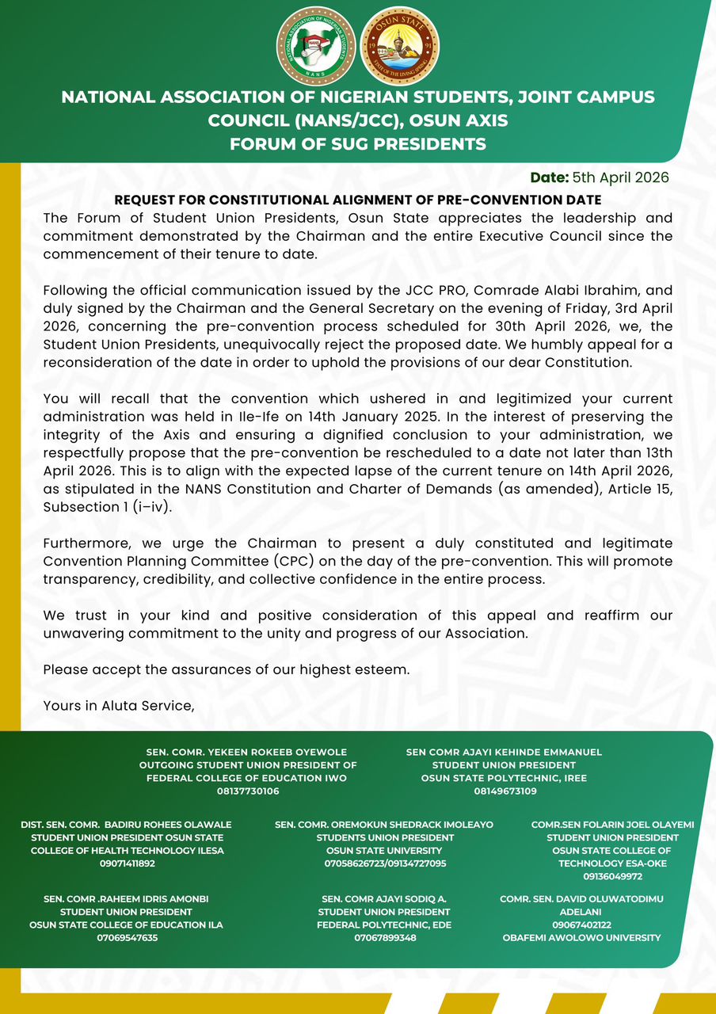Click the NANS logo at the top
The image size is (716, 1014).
tap(315, 45)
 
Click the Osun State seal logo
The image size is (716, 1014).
tap(399, 45)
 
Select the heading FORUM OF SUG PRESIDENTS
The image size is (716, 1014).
tap(357, 144)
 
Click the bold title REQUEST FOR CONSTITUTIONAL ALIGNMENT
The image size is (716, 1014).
tap(358, 200)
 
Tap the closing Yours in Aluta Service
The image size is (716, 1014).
tap(119, 705)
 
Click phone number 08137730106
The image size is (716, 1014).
tap(247, 791)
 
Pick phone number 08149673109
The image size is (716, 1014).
tap(504, 791)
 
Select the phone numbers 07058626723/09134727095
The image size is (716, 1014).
tap(385, 863)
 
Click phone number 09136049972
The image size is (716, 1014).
tap(612, 877)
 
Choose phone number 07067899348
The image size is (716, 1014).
tap(385, 938)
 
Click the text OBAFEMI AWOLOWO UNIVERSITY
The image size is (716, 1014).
tap(581, 938)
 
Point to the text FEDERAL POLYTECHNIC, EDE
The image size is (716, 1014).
tap(385, 924)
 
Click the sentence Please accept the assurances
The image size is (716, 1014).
tap(227, 669)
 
